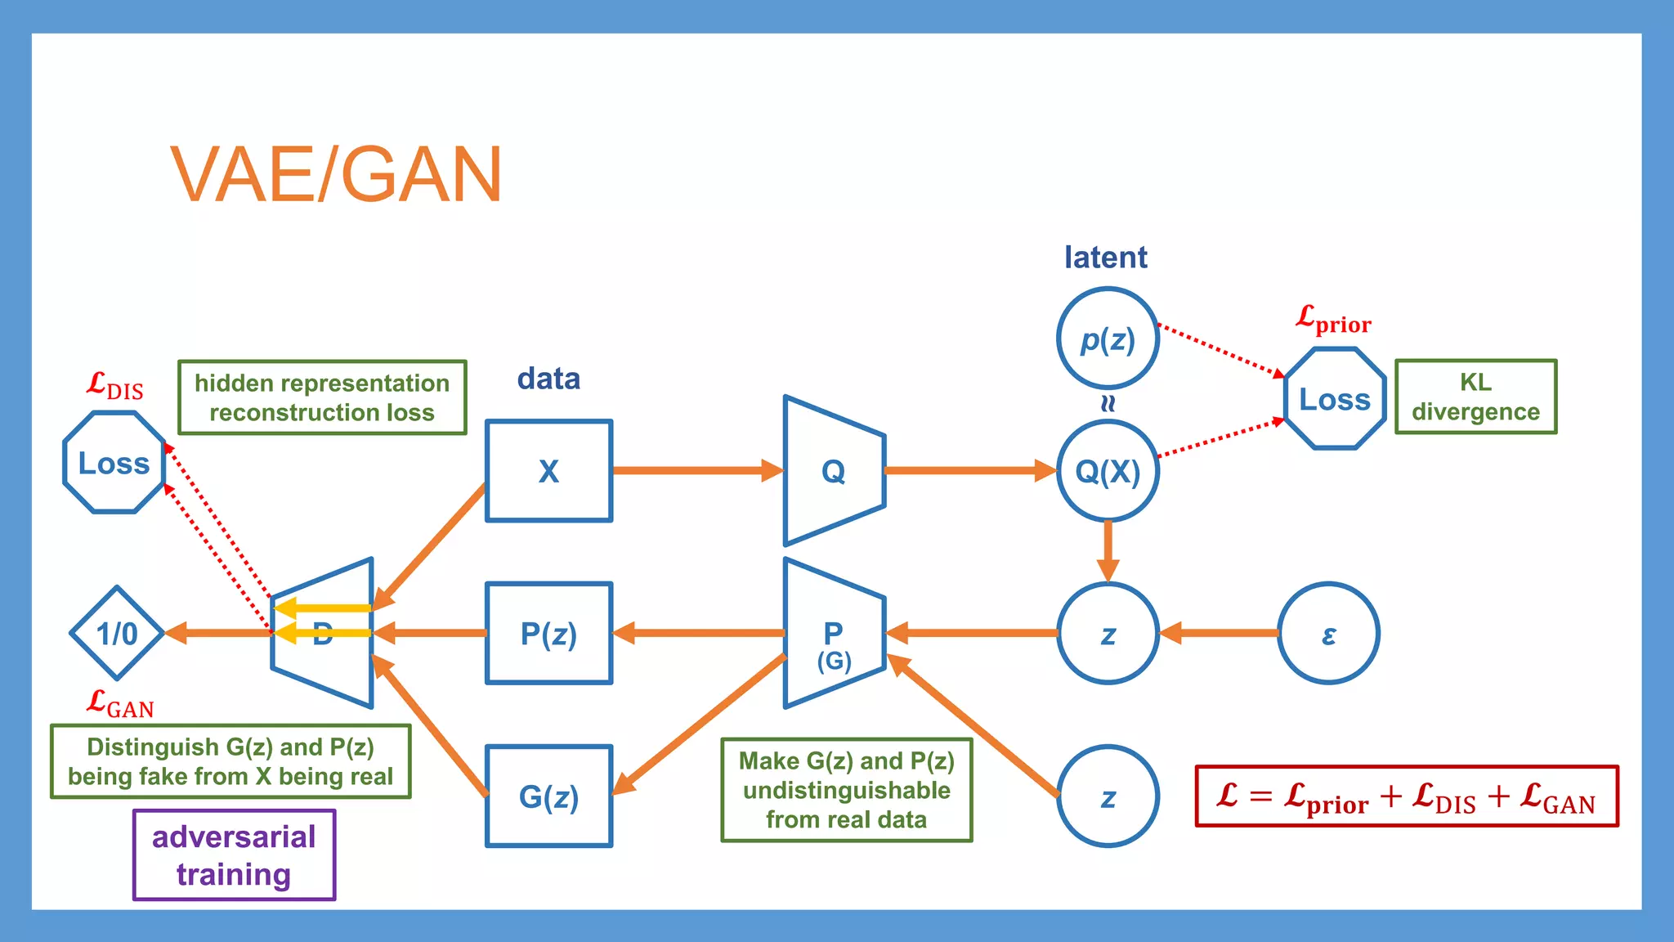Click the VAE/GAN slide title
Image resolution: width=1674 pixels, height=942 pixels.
coord(336,174)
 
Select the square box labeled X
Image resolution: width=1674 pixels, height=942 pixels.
coord(548,471)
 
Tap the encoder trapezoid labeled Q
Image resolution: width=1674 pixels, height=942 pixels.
coord(834,471)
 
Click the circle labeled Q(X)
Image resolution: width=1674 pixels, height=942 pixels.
coord(1108,471)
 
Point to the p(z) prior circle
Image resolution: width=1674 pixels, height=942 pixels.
coord(1108,339)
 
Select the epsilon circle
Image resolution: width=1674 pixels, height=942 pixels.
coord(1328,634)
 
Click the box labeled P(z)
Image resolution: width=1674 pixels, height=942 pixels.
coord(548,634)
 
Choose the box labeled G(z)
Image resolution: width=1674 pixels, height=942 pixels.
coord(548,796)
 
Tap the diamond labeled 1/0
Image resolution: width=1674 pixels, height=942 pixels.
coord(118,634)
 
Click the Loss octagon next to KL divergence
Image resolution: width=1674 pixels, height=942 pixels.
coord(1335,399)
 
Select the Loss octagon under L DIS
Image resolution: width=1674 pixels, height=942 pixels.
coord(114,463)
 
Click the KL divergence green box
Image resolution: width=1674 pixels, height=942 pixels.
coord(1475,397)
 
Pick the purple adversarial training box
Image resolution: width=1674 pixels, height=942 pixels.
coord(234,855)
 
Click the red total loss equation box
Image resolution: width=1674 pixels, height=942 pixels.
coord(1406,796)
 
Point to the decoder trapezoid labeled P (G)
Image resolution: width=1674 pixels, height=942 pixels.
coord(834,634)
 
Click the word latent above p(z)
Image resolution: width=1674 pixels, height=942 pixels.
coord(1105,258)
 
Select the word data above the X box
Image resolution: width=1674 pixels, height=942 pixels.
coord(548,379)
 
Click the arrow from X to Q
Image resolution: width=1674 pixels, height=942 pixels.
coord(695,470)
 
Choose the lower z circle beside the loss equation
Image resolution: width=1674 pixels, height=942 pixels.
coord(1108,796)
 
